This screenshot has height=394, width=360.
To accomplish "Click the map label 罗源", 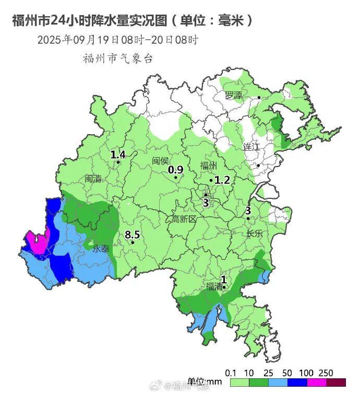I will (x=234, y=95).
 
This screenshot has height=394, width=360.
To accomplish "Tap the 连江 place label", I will (x=251, y=147).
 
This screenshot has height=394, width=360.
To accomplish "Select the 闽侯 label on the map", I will (x=161, y=161).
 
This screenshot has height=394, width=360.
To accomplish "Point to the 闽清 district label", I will (x=93, y=178).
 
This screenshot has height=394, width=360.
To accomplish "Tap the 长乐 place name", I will (x=255, y=233).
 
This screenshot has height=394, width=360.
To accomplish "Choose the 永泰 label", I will (x=101, y=249).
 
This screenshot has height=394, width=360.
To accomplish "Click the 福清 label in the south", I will (x=214, y=286).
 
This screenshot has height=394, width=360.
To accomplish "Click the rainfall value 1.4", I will (x=118, y=154).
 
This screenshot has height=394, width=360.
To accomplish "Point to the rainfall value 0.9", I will (x=176, y=170).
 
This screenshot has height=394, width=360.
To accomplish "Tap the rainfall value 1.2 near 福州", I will (x=222, y=180).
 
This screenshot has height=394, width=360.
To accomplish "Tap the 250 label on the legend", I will (x=326, y=372).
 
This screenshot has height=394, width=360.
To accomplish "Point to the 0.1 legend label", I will (x=231, y=372).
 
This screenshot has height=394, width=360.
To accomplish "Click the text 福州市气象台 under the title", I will (x=118, y=58).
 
